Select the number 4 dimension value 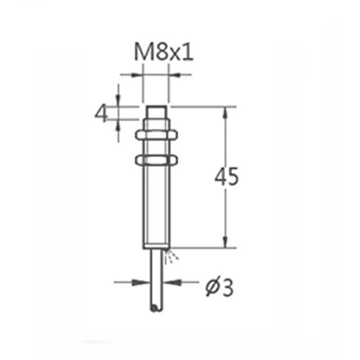pyautogui.click(x=102, y=114)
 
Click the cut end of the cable pyautogui.click(x=155, y=308)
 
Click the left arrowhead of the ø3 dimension pyautogui.click(x=144, y=283)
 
